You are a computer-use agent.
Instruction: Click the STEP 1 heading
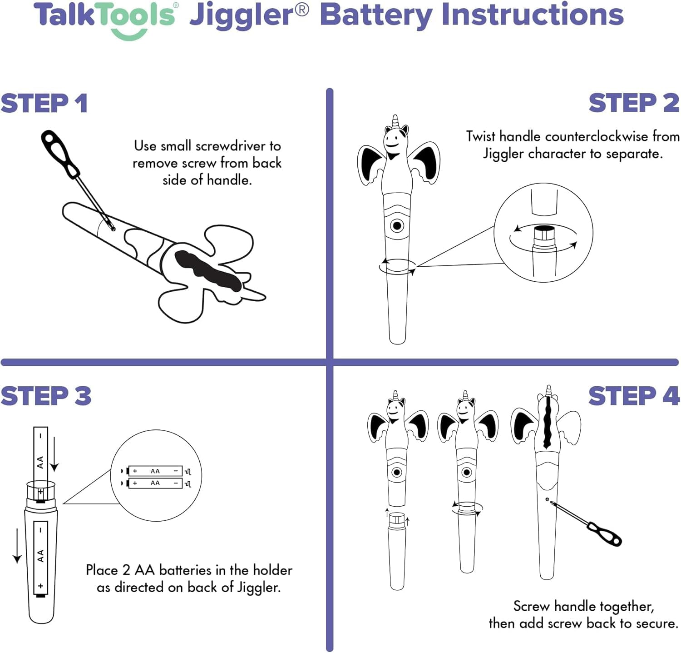pos(44,103)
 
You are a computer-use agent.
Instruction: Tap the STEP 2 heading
pos(634,103)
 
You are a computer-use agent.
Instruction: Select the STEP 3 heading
pos(46,396)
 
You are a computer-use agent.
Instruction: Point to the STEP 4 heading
pos(634,396)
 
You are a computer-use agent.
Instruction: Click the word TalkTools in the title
pos(104,16)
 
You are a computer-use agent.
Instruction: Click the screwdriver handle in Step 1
pos(59,153)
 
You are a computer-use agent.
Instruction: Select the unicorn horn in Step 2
pos(395,121)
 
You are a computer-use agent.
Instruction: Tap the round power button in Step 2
pos(397,225)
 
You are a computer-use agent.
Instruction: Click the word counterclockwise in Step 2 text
pos(597,136)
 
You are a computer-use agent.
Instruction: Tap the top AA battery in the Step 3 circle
pos(155,471)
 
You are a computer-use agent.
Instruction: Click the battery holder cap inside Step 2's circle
pos(543,234)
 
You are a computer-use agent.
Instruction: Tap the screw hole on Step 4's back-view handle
pos(547,499)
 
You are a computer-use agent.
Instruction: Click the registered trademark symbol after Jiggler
pos(301,10)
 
